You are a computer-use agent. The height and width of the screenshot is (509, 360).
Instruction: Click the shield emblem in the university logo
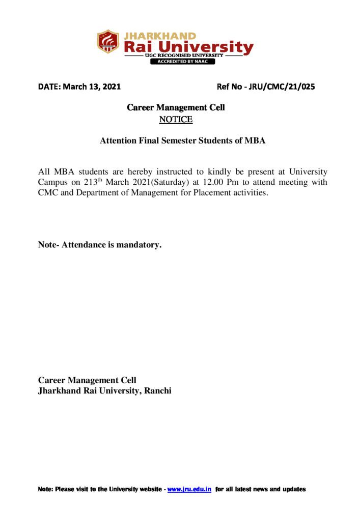[108, 42]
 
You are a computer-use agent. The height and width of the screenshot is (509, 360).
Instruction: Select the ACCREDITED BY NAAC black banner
[182, 62]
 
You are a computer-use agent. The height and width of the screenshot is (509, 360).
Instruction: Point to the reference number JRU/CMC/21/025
[283, 87]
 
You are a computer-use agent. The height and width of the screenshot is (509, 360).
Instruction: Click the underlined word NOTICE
[176, 120]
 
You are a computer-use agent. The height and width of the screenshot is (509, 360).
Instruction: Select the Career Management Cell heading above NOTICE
[176, 108]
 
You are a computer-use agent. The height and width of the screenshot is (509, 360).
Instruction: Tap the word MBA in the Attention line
[255, 140]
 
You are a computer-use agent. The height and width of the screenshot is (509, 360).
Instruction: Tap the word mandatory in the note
[138, 245]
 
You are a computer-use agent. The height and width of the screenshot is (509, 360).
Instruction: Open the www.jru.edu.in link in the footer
[189, 489]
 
